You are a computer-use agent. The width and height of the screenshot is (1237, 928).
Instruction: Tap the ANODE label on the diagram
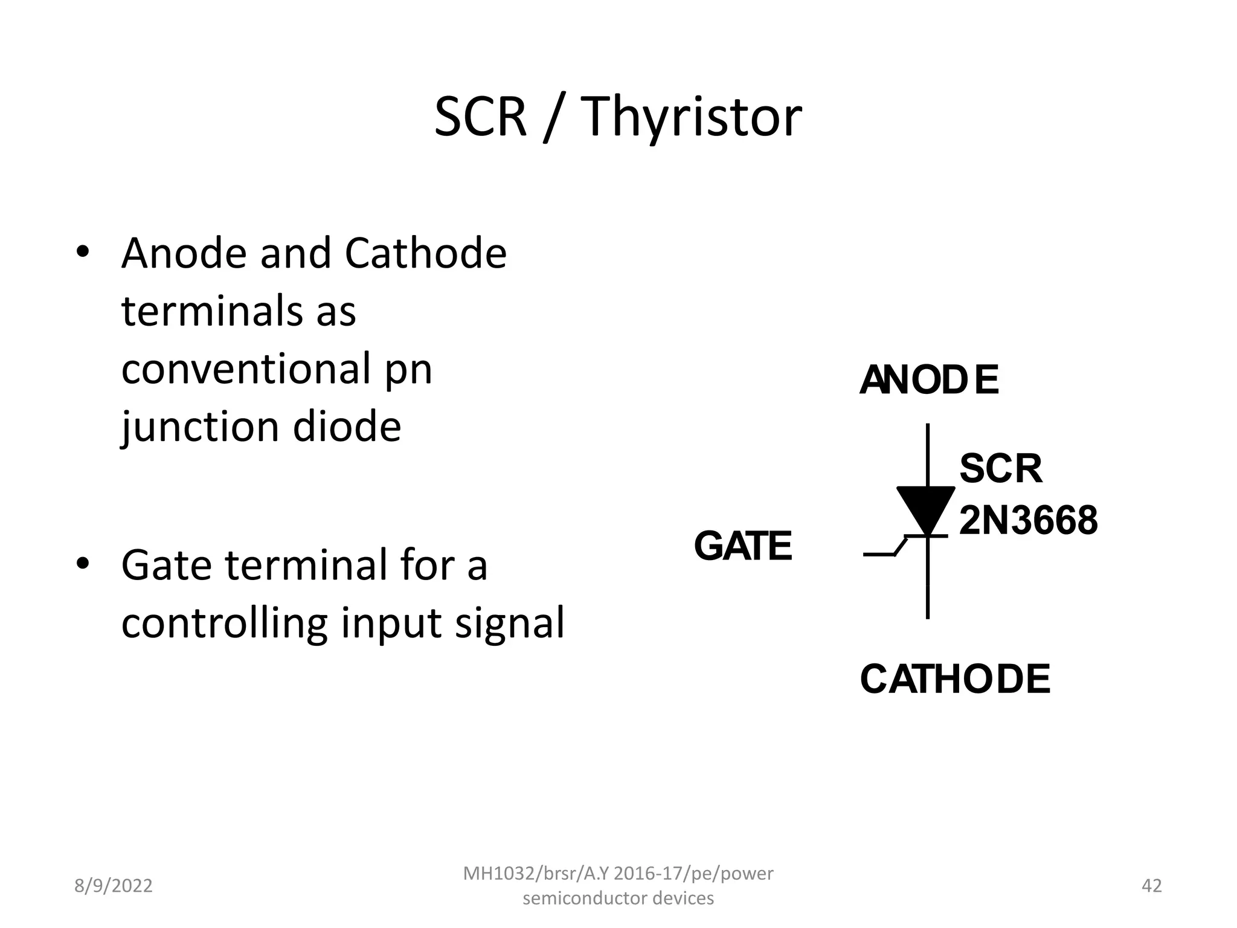[929, 380]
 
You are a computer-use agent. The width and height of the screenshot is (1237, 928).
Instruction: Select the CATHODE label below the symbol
[955, 679]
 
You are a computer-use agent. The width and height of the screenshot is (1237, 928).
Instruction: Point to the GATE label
[742, 546]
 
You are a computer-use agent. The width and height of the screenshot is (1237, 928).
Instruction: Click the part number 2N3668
[1028, 521]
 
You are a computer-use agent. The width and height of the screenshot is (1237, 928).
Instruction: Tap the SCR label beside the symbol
[1001, 468]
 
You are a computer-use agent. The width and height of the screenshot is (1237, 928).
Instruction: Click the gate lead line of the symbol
[881, 554]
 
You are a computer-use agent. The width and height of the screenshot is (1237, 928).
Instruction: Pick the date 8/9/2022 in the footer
[113, 886]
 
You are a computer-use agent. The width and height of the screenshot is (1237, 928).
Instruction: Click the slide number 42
[1151, 886]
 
